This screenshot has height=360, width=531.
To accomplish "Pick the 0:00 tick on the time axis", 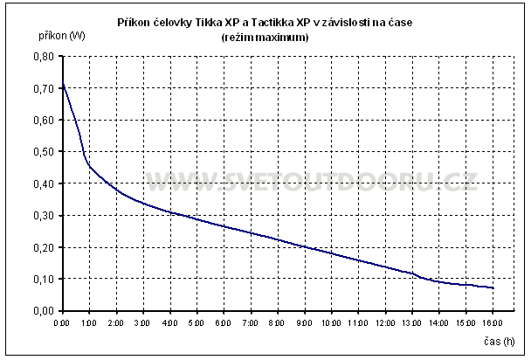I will click(x=61, y=323).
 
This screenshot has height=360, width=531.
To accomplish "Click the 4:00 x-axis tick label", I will click(x=169, y=323).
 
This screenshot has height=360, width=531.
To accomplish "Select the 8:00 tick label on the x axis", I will click(x=278, y=323).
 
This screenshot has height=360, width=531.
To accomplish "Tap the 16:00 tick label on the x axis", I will click(x=493, y=323).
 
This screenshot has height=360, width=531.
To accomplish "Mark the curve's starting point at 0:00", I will click(x=62, y=83).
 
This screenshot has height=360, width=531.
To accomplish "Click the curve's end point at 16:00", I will click(x=493, y=287).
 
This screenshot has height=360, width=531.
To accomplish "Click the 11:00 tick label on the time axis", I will click(x=359, y=323).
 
